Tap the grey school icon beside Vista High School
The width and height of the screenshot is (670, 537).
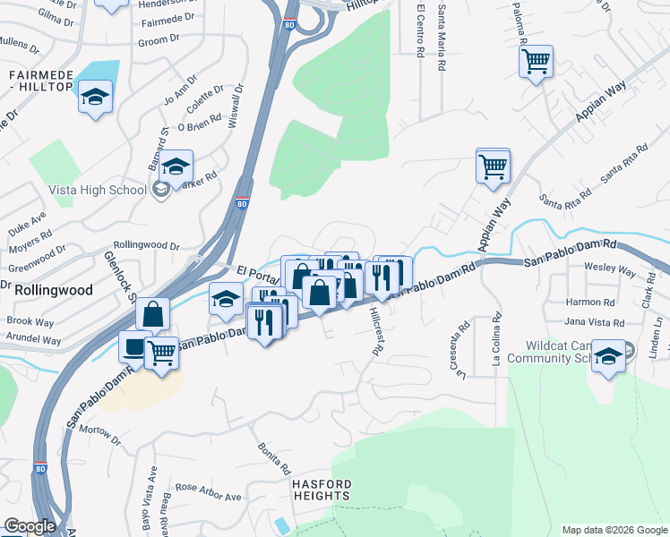tap(160, 189)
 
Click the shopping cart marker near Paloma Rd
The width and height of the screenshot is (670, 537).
tap(536, 62)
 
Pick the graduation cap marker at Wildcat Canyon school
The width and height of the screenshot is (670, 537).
tap(608, 355)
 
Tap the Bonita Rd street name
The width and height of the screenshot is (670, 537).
tap(275, 457)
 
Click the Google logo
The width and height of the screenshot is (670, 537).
tap(29, 526)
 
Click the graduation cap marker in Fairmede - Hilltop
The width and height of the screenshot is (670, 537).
tap(94, 97)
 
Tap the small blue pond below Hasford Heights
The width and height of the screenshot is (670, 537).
tap(284, 524)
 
